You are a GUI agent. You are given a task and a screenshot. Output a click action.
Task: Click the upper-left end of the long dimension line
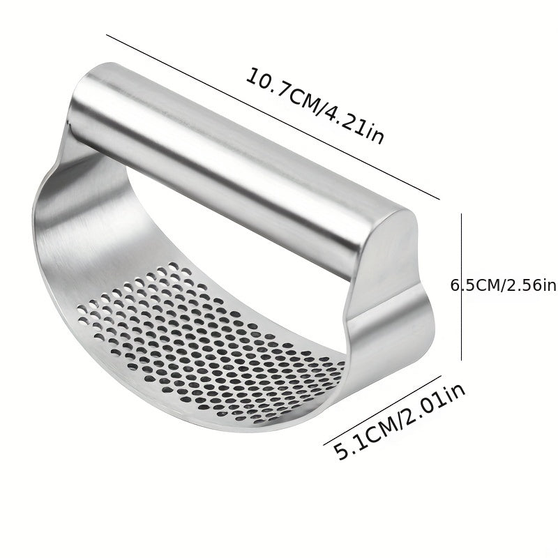click(x=106, y=34)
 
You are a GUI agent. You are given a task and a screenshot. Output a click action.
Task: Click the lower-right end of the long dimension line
click(x=439, y=199)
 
